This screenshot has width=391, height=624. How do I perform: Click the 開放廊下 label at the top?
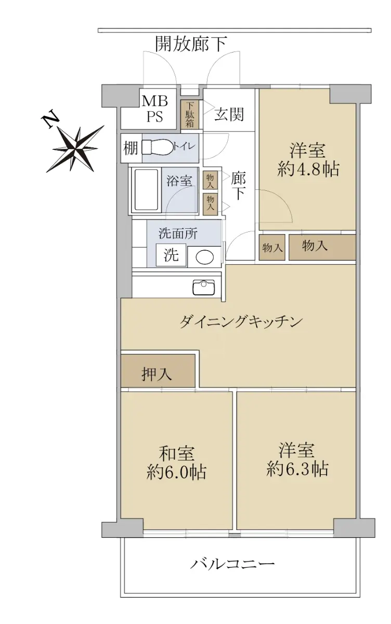pos(191,44)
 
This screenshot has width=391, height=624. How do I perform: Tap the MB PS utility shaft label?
pos(155,108)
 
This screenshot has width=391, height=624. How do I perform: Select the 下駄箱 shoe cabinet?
pos(190,114)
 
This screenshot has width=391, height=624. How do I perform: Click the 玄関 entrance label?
pos(229,114)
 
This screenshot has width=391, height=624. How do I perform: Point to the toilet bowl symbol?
pos(157,147)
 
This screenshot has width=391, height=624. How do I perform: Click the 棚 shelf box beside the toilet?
pos(131,148)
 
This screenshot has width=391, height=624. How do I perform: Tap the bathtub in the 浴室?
pos(147,190)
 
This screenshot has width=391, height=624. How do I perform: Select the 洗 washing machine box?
pos(171,255)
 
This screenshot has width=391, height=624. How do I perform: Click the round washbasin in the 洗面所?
pos(205,257)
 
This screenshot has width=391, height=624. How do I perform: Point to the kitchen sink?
pos(204,288)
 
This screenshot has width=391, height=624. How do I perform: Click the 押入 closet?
pos(158,370)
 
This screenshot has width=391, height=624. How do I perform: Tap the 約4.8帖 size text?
pos(308,169)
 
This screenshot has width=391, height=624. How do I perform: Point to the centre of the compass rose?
pos(75,149)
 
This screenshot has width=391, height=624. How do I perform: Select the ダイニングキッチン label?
pos(241,321)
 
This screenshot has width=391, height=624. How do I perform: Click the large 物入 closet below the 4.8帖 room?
pos(322,248)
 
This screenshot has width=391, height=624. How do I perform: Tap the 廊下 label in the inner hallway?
pos(238,186)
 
